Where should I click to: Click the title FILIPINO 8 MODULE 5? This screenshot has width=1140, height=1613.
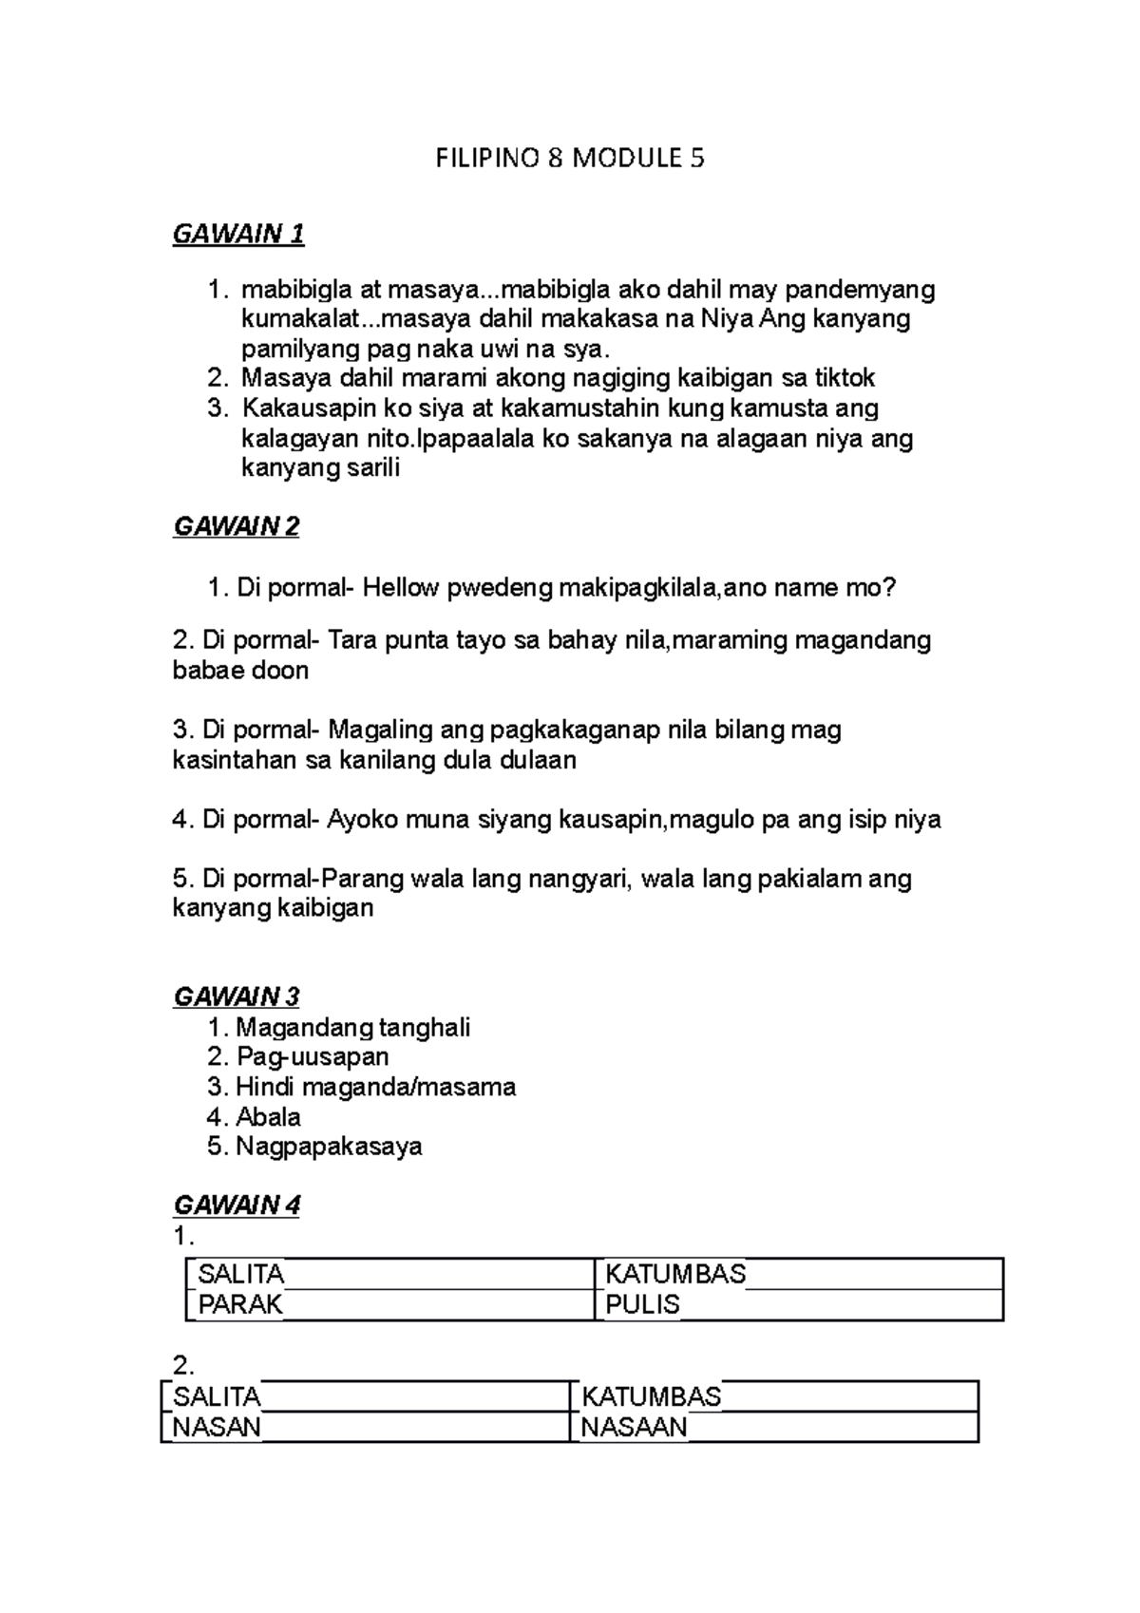570,158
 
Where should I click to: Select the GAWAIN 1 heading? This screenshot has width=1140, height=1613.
238,234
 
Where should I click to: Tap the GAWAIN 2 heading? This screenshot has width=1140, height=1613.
237,526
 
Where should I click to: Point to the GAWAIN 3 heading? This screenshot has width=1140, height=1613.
237,996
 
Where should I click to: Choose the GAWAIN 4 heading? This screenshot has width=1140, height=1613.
237,1205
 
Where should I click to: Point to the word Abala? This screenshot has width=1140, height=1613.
269,1116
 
